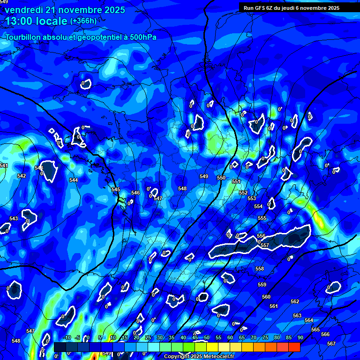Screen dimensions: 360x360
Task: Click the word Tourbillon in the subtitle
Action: (x=24, y=37)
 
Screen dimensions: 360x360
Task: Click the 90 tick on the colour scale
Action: (x=300, y=337)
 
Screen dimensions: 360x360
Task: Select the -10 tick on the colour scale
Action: (x=67, y=337)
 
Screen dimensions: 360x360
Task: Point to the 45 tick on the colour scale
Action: (x=195, y=337)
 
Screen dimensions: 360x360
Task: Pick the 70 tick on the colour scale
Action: (x=253, y=337)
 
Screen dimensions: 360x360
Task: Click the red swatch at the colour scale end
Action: (x=294, y=347)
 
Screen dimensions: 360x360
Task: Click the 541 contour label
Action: (x=4, y=165)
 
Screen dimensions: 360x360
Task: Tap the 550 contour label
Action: (x=221, y=178)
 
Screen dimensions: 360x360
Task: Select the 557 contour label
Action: (x=265, y=245)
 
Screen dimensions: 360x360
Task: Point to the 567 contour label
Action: (x=331, y=344)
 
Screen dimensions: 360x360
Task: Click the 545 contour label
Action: (x=116, y=189)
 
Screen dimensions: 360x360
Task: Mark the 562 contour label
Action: (x=295, y=301)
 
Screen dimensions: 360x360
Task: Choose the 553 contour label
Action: (x=252, y=198)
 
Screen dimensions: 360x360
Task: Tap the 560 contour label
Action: (x=266, y=297)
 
